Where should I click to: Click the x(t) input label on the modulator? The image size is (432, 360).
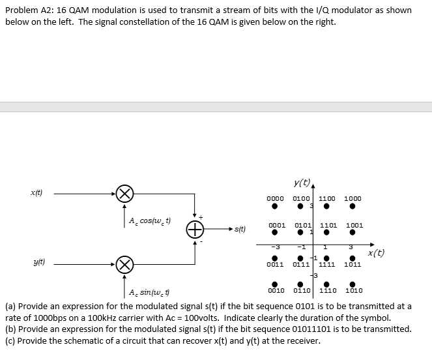(x=38, y=193)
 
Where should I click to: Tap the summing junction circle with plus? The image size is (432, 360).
(x=195, y=229)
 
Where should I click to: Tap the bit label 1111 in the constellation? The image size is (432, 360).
(x=328, y=265)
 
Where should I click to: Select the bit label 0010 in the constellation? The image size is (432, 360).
(x=275, y=291)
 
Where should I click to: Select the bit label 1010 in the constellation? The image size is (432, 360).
(x=354, y=291)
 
